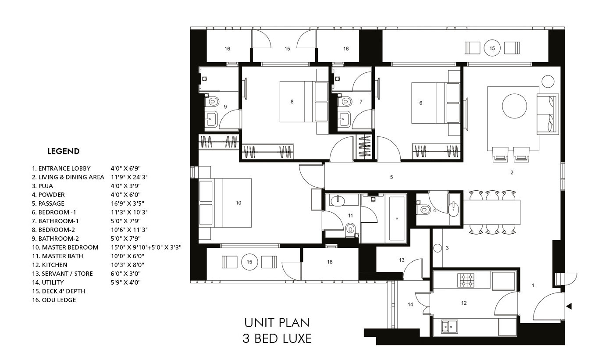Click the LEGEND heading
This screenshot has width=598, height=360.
pos(64,151)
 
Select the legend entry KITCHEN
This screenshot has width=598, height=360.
pos(54,265)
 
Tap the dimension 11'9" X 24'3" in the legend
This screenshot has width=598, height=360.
pos(129,177)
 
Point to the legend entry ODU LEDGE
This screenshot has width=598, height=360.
pos(59,300)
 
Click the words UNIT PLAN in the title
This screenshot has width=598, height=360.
pos(277,323)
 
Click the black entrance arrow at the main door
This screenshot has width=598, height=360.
pos(569,307)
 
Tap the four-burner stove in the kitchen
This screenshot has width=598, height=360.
pos(466,280)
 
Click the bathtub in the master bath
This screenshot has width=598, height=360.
pos(397,219)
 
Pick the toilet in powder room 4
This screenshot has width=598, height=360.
pos(424,209)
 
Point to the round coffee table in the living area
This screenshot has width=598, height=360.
pos(514,106)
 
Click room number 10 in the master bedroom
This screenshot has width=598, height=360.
pos(238,203)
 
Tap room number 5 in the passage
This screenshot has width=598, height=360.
pos(392,177)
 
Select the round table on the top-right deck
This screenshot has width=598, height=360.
pos(492,48)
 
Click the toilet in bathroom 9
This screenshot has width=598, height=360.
pos(213,101)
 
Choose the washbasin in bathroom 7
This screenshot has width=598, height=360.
pos(344,118)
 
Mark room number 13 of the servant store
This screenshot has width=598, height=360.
pos(402,260)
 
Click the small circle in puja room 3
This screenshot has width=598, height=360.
pos(437,248)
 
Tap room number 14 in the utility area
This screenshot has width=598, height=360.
pos(410,304)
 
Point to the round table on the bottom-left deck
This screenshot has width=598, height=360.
pos(249,262)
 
